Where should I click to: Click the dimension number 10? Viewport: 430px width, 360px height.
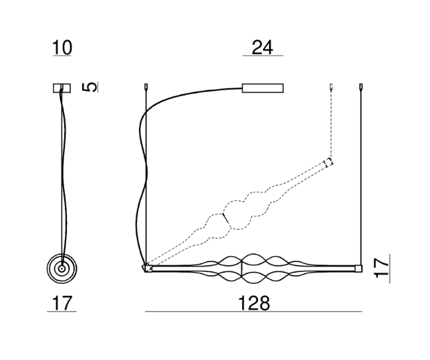coord(62,48)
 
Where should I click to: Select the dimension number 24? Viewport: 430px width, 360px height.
coord(262,48)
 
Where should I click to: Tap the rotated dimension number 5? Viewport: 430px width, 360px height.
coord(90,87)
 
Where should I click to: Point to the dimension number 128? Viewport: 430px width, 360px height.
coord(253,303)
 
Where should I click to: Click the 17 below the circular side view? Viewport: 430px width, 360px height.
coord(62,303)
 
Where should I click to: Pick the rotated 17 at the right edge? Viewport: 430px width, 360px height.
coord(382,268)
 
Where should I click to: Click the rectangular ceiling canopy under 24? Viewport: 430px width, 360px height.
coord(263,89)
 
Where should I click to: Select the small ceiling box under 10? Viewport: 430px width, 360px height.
coord(62,88)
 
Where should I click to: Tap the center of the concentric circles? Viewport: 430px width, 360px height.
coord(62,269)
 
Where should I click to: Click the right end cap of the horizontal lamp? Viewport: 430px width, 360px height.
coord(359,269)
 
